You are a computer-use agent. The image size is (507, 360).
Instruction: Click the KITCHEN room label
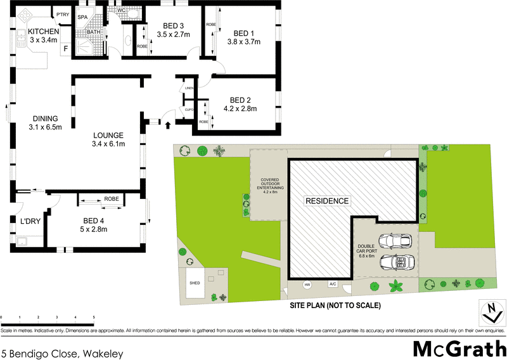coord(44,32)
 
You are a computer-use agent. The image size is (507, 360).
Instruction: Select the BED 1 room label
coord(244,34)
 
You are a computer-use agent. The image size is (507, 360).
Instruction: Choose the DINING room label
coord(44,118)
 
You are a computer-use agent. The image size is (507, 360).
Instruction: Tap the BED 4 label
coord(94,221)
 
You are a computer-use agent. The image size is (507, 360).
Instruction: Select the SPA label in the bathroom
coord(82,17)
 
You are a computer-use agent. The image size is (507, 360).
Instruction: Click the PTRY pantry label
coord(62,15)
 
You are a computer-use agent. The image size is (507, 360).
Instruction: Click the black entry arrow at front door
coord(167,124)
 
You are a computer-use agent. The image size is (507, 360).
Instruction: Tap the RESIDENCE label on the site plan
coord(327,201)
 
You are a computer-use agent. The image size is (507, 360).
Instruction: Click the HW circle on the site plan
coord(309,285)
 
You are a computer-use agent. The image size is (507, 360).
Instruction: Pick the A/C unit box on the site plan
coord(332,285)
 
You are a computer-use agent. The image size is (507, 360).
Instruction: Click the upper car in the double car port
coord(395,241)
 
